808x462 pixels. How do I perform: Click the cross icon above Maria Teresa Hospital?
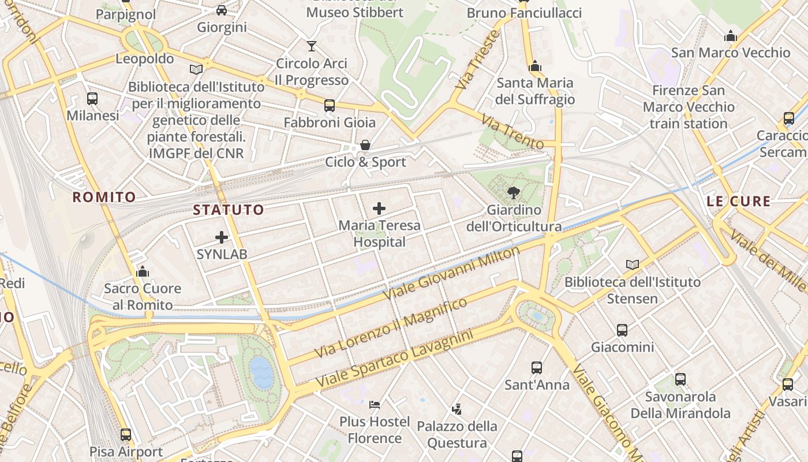point(379,208)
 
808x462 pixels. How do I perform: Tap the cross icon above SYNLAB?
point(222,237)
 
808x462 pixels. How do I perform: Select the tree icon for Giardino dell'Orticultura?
point(513,193)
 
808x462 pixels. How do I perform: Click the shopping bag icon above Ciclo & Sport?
point(365,145)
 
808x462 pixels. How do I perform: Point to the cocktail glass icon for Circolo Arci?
point(312,46)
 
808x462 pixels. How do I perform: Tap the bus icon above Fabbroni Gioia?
point(330,106)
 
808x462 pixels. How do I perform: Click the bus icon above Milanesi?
point(92,98)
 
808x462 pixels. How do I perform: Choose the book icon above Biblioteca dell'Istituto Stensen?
point(633,264)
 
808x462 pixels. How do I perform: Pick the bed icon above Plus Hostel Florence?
point(375,404)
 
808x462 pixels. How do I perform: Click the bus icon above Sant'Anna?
point(537,367)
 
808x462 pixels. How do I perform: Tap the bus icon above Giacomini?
point(622,330)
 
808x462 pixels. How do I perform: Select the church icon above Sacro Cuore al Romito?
point(143,271)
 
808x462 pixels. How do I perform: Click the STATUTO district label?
point(229,210)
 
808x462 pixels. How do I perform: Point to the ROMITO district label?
point(104,197)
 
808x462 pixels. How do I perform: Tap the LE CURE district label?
point(739,202)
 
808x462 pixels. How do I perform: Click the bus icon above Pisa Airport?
point(126,435)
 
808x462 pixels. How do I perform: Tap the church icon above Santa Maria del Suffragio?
point(535,66)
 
